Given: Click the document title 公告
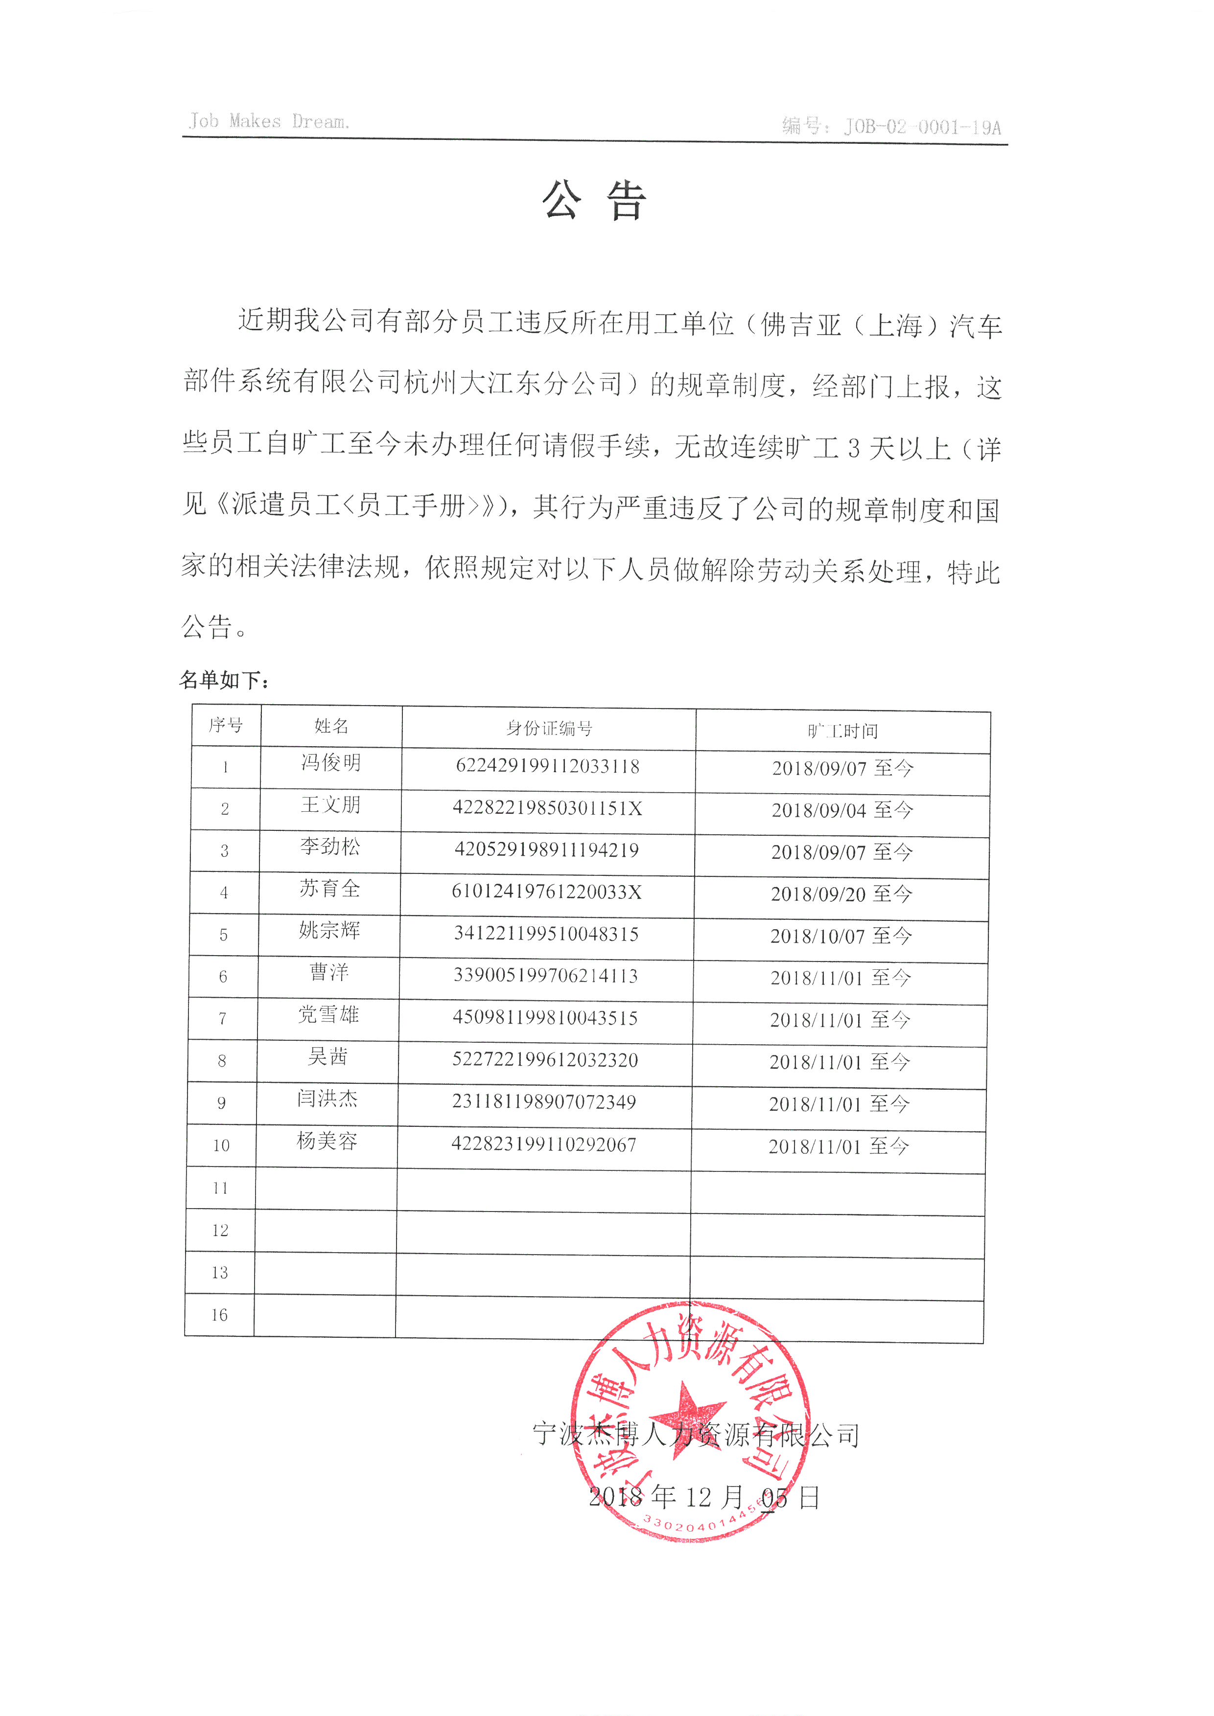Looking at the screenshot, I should [x=594, y=202].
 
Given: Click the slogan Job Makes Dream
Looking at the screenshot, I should [x=269, y=121].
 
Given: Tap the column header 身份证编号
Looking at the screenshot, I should [x=549, y=728].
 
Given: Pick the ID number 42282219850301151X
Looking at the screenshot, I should [x=547, y=808].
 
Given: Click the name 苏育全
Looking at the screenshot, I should [x=329, y=889].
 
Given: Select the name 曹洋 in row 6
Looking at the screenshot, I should [x=329, y=972].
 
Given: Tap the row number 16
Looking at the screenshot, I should [x=219, y=1315].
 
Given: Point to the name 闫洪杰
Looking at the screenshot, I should [x=327, y=1098].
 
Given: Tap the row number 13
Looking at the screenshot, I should [x=219, y=1273].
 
